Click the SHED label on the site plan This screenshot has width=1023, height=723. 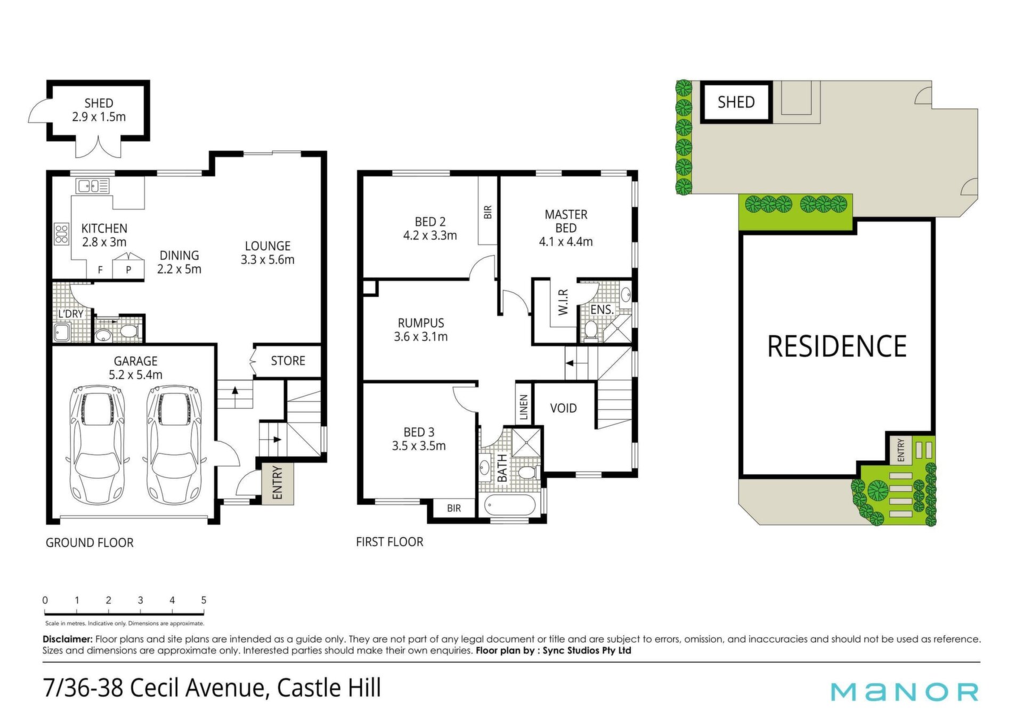pos(736,102)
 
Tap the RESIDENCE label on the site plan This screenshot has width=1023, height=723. pos(837,346)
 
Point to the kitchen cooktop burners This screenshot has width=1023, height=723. pos(61,233)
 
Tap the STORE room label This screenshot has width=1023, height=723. pos(288,361)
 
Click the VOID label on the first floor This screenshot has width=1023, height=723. pos(563,408)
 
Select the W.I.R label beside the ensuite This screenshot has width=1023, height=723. pos(563,302)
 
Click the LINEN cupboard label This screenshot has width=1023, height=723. pos(523,407)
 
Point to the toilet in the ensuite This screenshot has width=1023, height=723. pos(590,330)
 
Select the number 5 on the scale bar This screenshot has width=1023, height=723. pos(204,600)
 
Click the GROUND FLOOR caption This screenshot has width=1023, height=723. pos(90,542)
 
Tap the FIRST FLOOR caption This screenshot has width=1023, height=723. pos(389,542)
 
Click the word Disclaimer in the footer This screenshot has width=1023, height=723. pos(68,639)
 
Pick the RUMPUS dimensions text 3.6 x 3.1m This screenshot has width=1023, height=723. pos(420,337)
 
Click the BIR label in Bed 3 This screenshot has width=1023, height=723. pos(454,508)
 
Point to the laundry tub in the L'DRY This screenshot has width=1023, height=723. pos(62,332)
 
